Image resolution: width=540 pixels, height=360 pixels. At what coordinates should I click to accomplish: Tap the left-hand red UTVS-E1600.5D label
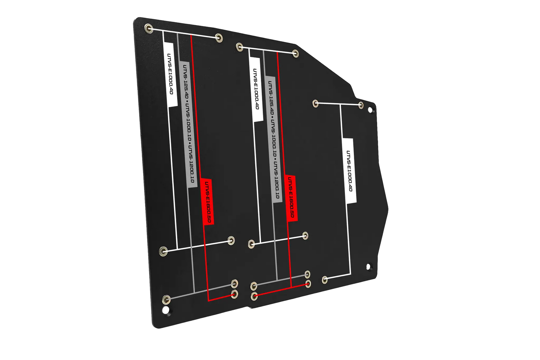(x=207, y=200)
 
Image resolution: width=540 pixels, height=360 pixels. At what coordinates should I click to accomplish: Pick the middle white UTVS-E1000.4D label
(x=256, y=89)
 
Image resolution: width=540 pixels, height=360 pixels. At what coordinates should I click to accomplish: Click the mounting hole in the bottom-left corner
(x=165, y=310)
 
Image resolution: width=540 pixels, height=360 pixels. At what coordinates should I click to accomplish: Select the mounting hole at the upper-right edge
(x=371, y=111)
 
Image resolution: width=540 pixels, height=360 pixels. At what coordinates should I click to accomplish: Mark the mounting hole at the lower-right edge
(x=368, y=267)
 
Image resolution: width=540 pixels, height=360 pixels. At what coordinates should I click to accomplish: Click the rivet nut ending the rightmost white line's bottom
(x=325, y=279)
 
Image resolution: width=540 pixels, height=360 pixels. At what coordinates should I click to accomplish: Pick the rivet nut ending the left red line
(x=235, y=294)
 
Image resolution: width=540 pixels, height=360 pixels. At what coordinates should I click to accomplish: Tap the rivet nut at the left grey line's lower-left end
(x=167, y=299)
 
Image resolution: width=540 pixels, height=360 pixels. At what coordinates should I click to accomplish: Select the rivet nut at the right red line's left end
(x=254, y=296)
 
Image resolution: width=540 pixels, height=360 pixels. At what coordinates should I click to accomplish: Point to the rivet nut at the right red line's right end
(x=308, y=284)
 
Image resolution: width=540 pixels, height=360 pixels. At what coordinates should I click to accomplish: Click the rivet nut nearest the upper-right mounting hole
(x=361, y=105)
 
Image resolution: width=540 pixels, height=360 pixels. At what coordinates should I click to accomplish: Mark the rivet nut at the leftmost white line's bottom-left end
(x=163, y=250)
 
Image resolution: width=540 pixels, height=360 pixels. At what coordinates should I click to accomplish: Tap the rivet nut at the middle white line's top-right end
(x=295, y=53)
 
